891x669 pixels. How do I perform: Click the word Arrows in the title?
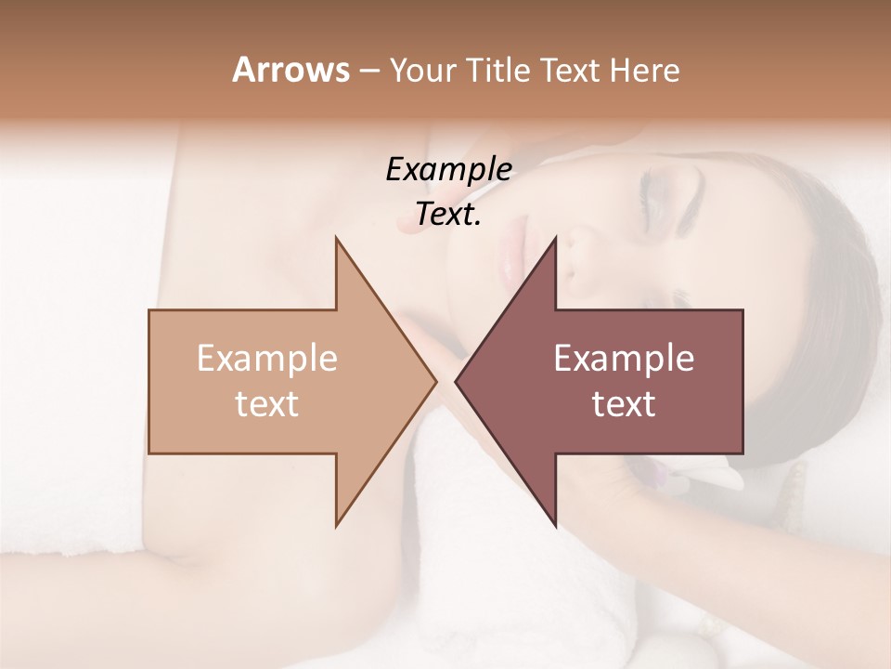290,70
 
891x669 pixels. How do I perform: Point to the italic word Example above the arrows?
448,169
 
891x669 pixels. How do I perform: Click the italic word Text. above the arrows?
448,215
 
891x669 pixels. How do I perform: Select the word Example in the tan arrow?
266,358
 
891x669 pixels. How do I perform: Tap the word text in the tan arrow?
266,403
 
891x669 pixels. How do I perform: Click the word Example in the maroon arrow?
624,358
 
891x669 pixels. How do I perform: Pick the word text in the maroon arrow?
624,403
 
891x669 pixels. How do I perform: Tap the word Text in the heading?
572,71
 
